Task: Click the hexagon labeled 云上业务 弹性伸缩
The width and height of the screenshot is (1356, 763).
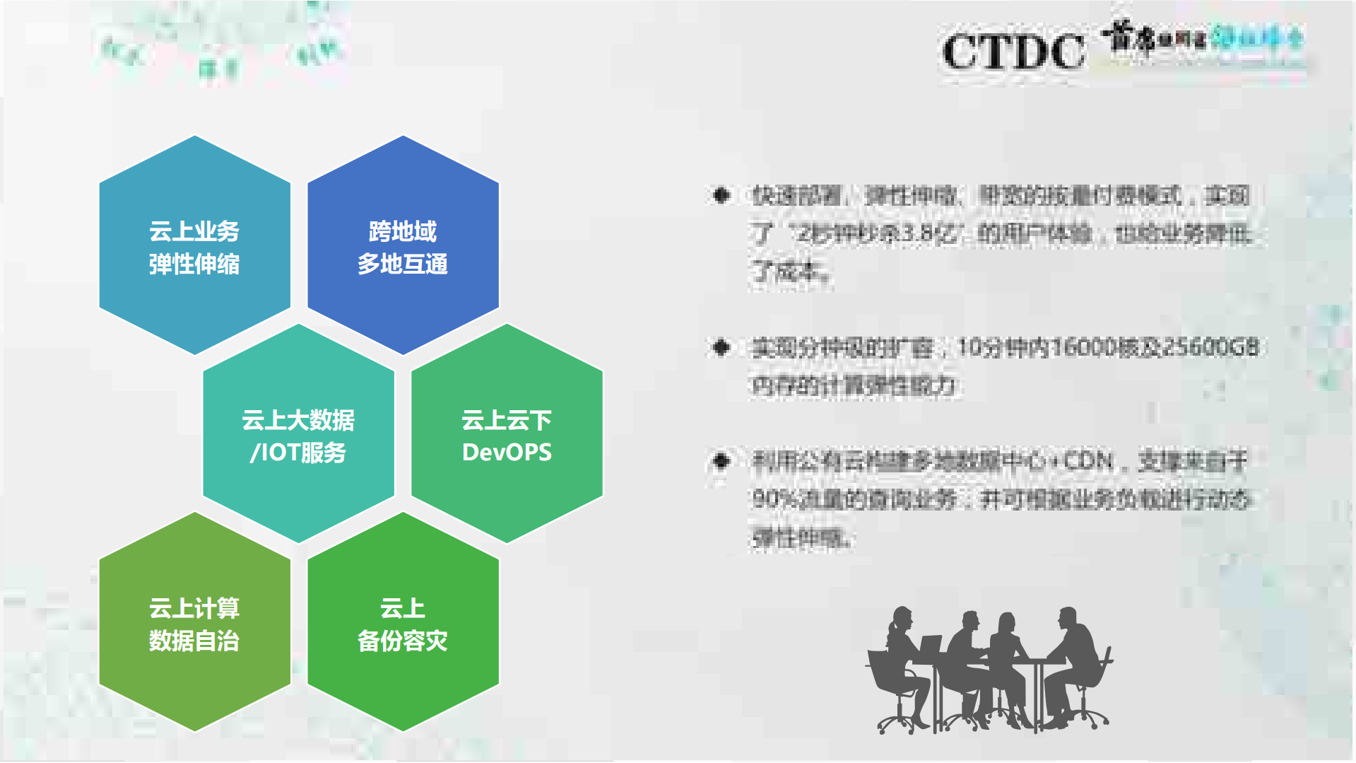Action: [194, 245]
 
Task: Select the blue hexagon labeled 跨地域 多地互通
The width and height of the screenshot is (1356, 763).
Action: [403, 245]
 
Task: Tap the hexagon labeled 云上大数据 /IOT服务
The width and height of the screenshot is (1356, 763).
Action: [298, 434]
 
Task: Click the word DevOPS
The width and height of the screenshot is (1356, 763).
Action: [507, 453]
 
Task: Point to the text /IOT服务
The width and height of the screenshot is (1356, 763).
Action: [297, 453]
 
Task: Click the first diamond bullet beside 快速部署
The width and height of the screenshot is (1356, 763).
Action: [721, 195]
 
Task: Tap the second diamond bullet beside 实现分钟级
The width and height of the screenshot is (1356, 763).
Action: [721, 347]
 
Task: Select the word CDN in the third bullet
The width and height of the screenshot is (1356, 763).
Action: [1088, 462]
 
